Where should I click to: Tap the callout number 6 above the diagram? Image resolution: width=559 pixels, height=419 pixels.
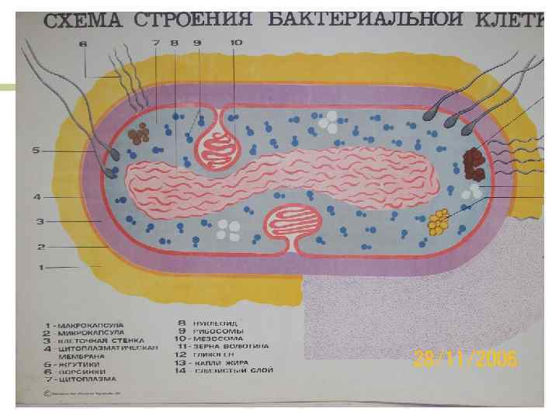click(82, 43)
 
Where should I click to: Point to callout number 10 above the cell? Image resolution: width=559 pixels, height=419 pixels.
click(235, 42)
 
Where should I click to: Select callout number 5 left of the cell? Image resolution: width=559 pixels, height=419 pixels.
click(35, 150)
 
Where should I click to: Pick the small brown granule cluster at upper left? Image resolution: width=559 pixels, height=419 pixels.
click(140, 134)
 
